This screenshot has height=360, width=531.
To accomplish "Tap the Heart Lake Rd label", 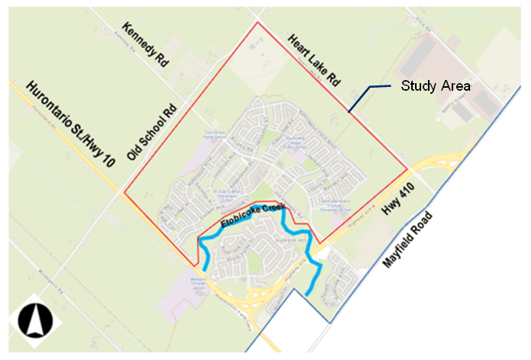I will click(x=313, y=59).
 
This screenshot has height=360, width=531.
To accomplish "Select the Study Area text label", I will click(x=436, y=85).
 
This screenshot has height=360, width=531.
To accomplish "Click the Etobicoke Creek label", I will click(x=252, y=214).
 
